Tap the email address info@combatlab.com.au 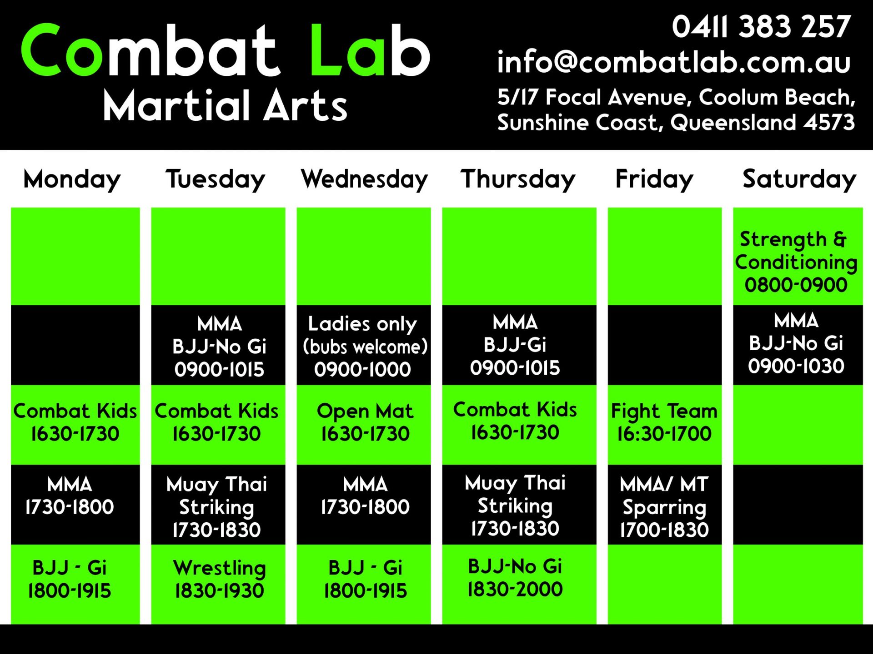[673, 62]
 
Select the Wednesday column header [364, 178]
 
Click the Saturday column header [799, 178]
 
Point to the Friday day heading [654, 178]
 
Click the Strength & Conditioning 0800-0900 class [797, 262]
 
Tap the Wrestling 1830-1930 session [219, 579]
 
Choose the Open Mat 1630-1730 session [365, 422]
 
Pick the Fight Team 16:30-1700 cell [664, 422]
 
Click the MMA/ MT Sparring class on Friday [664, 507]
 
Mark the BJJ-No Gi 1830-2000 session [515, 578]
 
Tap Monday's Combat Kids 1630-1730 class [75, 422]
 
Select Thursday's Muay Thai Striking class [515, 505]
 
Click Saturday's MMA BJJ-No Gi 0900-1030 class [796, 343]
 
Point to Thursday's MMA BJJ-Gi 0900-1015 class [515, 345]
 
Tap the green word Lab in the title [370, 50]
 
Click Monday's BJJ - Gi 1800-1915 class [70, 579]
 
